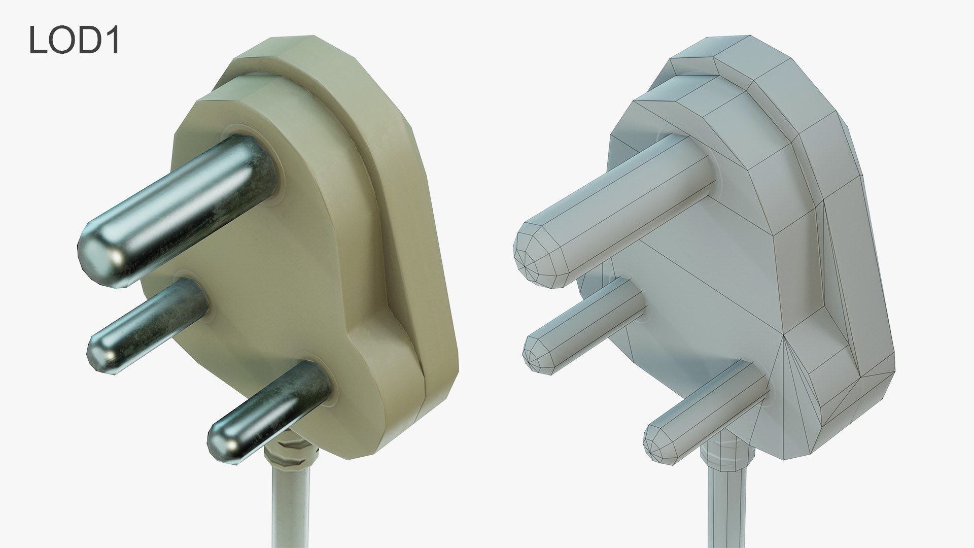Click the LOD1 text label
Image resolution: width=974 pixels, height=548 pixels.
coord(74,40)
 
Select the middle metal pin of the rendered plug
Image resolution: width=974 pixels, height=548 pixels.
coord(152,320)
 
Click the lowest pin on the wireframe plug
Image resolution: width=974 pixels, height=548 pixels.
coord(710,411)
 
